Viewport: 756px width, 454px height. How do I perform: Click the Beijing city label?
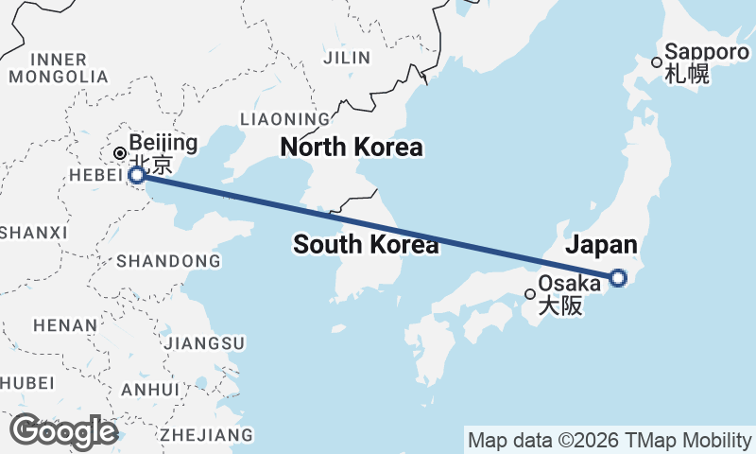tap(163, 144)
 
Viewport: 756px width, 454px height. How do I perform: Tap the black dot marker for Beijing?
tap(120, 153)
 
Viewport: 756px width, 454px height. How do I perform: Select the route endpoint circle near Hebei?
tap(137, 175)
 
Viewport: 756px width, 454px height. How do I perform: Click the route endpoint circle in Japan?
tap(618, 277)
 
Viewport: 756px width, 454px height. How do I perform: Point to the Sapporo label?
tap(707, 52)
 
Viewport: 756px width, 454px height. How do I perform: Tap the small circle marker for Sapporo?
tap(656, 62)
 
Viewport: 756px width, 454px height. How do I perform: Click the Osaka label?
tap(569, 284)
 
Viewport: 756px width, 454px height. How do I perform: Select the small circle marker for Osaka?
tap(530, 294)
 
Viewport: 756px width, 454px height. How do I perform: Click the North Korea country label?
tap(352, 148)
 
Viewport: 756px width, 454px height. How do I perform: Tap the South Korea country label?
tap(366, 245)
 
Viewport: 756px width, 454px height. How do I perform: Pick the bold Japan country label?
tap(601, 246)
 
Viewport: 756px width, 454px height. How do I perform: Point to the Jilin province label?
tap(347, 58)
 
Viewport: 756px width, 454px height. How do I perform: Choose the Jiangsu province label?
tap(205, 342)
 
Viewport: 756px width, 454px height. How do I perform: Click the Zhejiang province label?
tap(207, 435)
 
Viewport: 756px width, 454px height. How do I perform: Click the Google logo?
tap(63, 431)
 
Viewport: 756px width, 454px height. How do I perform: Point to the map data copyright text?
tap(609, 440)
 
